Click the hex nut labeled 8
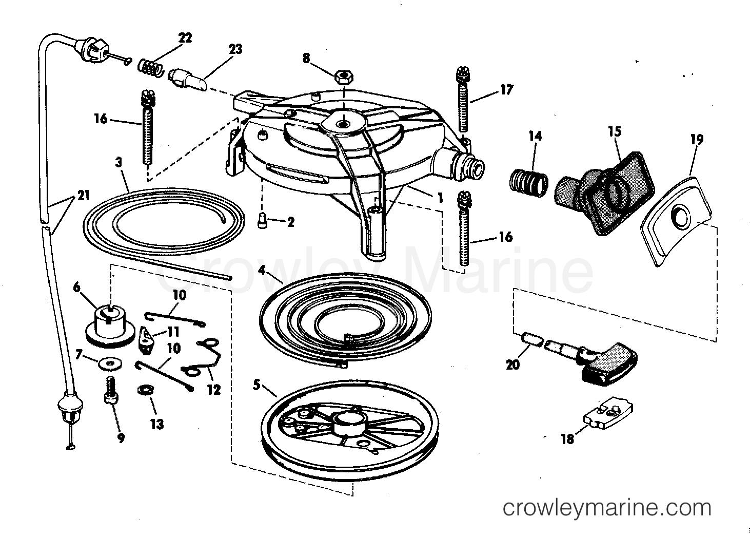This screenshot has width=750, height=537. (x=344, y=78)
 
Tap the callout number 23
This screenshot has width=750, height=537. (x=235, y=49)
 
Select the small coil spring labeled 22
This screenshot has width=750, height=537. (x=151, y=67)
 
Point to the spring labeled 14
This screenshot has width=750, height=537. (x=529, y=183)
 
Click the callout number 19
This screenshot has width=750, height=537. (x=697, y=139)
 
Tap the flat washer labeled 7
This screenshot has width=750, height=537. (x=110, y=364)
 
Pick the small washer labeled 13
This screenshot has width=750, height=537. (x=146, y=390)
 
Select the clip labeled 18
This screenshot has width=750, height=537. (x=608, y=414)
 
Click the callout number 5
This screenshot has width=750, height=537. (x=256, y=385)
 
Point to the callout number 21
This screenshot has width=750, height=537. (x=84, y=195)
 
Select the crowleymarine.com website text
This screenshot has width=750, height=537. (x=607, y=508)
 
